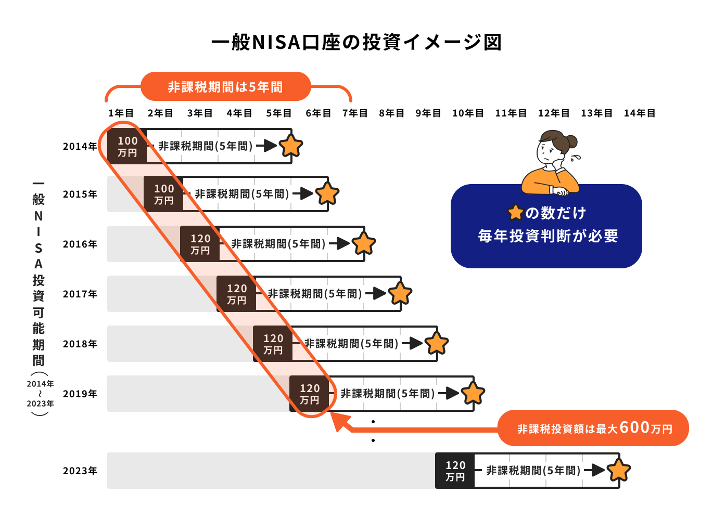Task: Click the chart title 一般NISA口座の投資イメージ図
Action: (357, 42)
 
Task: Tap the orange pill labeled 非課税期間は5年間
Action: (226, 86)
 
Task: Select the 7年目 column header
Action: (355, 113)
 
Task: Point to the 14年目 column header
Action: (640, 113)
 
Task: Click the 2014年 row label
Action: (80, 146)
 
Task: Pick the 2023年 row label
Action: (80, 471)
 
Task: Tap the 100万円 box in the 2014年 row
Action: (127, 146)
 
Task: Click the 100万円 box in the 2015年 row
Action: (163, 194)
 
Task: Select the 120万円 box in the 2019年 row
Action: (309, 394)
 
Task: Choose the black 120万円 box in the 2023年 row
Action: (455, 471)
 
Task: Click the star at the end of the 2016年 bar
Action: (363, 244)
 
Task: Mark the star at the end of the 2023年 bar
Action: (618, 471)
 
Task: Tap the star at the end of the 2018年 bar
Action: (437, 343)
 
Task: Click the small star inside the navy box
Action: (515, 213)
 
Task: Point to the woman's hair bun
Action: (571, 141)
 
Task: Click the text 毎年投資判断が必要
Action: (548, 236)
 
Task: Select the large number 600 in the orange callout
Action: (635, 427)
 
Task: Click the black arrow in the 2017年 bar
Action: (376, 293)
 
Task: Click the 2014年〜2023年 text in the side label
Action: (40, 394)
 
